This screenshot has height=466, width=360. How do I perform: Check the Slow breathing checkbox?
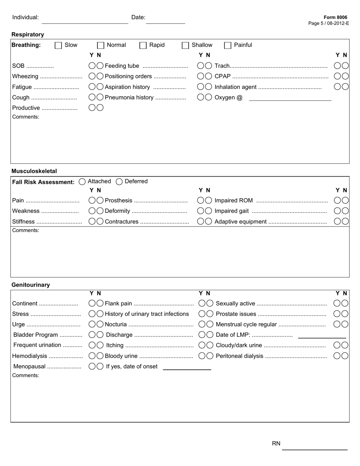tap(58, 45)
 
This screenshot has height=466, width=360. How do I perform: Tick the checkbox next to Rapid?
tap(143, 45)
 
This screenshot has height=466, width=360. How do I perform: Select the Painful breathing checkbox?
tap(228, 45)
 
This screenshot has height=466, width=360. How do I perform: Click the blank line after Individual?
tap(85, 21)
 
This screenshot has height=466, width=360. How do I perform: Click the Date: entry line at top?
tap(166, 21)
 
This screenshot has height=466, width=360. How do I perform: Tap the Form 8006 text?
tap(335, 17)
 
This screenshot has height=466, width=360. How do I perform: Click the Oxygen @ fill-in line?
tap(290, 98)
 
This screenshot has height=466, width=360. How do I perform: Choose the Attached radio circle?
tap(82, 182)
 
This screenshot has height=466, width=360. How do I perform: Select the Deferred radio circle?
tap(119, 182)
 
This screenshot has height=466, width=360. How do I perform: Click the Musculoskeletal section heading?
tap(34, 171)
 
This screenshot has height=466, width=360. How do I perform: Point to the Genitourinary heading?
tap(31, 285)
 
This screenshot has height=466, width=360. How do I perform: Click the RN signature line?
tap(315, 447)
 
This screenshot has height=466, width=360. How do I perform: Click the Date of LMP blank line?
tap(322, 335)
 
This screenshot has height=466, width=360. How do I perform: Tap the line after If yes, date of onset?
tap(187, 367)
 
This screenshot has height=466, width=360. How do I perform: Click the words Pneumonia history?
tap(129, 98)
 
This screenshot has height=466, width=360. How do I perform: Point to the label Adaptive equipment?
tap(241, 222)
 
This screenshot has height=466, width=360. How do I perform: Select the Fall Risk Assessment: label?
tap(43, 182)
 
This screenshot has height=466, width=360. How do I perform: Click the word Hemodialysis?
tap(30, 356)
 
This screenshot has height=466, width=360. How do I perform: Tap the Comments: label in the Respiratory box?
tap(26, 117)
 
